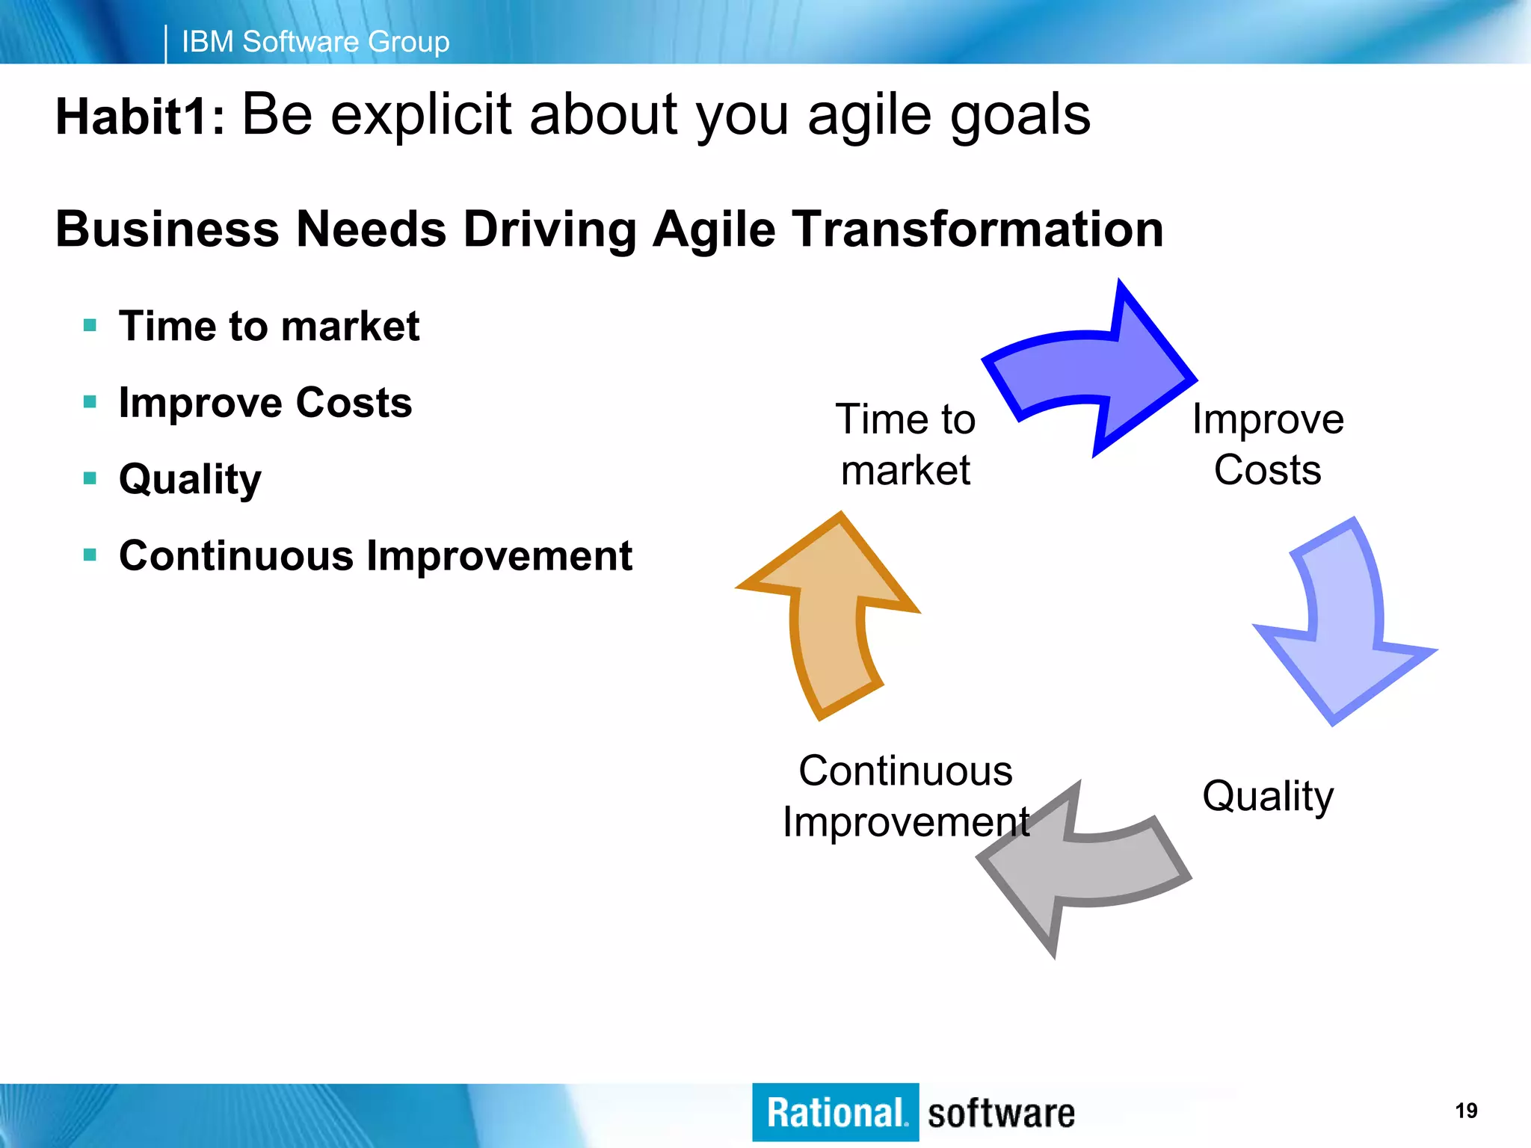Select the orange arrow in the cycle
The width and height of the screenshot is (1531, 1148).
pos(830,620)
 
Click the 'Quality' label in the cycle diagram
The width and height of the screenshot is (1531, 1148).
pos(1268,796)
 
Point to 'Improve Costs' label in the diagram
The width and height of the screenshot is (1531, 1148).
pos(1268,444)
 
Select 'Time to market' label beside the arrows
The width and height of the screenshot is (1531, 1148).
pos(905,444)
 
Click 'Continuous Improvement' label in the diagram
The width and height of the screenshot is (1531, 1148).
pos(905,796)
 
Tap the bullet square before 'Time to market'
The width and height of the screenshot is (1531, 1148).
pos(90,325)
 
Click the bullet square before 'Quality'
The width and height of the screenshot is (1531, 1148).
pos(90,478)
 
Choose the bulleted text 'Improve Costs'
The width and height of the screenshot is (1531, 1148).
pos(265,402)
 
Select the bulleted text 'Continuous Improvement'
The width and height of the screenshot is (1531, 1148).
pos(375,555)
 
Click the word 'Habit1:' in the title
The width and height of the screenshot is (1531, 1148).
pos(141,118)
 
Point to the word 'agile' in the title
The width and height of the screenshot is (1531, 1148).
pos(869,116)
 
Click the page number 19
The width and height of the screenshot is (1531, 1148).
pos(1466,1111)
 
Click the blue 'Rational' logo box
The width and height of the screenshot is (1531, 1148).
pos(835,1112)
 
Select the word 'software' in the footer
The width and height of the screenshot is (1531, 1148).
pos(1001,1114)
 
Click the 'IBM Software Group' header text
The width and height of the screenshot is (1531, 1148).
pos(315,42)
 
